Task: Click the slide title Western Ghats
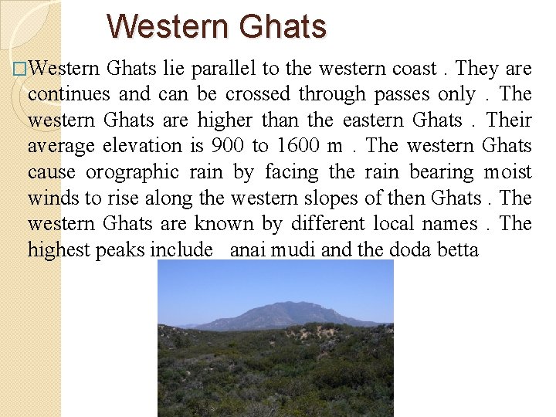click(217, 25)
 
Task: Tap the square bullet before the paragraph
click(20, 69)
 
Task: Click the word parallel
click(222, 68)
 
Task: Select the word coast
click(414, 68)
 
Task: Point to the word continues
click(67, 94)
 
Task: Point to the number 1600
click(301, 146)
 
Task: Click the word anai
click(249, 250)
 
